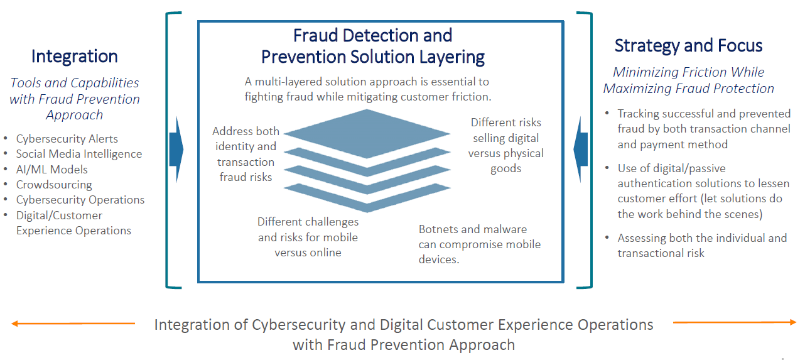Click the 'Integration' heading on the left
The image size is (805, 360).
coord(74,57)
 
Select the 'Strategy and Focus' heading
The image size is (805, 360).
coord(688,46)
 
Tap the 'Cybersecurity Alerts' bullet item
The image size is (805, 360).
coord(67,138)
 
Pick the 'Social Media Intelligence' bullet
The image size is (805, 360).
coord(79,154)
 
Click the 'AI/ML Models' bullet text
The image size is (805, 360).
coord(51,170)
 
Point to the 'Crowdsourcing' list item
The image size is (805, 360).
coord(54,185)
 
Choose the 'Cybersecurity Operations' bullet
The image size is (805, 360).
coord(80,200)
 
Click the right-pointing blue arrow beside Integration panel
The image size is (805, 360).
coord(176,150)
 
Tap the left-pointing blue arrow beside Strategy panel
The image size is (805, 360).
coord(580,150)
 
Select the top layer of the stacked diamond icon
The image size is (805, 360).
coord(367,133)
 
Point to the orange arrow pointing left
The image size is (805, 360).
coord(73,324)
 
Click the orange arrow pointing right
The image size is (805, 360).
coord(734,322)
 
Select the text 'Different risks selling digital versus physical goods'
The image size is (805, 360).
coord(505,145)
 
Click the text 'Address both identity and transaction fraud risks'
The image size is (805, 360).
coord(246,154)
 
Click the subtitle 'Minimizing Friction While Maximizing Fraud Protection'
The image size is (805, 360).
coord(689,80)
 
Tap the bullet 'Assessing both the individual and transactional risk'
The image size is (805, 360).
coord(702,245)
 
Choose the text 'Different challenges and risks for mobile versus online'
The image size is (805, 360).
coord(308,237)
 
